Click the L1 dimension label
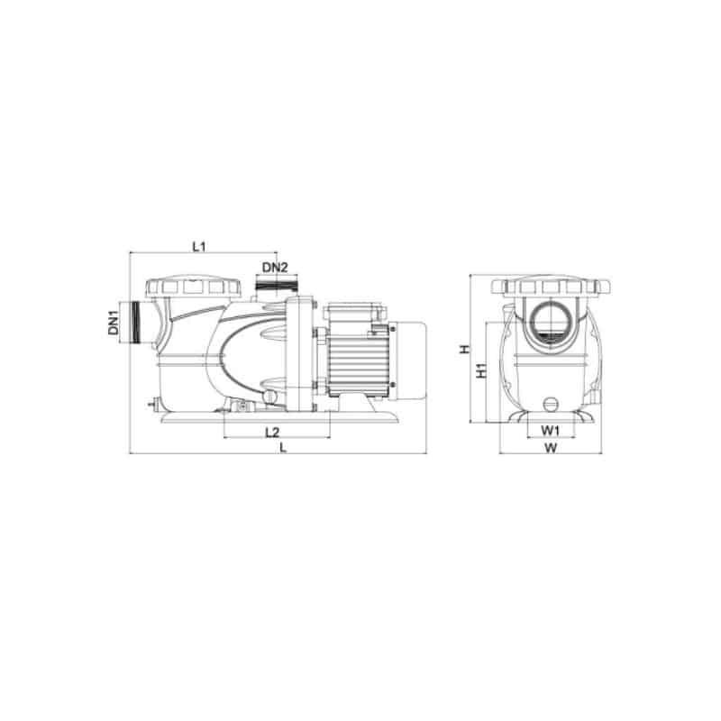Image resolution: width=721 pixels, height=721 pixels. pyautogui.click(x=198, y=246)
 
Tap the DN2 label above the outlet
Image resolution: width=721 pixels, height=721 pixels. pyautogui.click(x=275, y=267)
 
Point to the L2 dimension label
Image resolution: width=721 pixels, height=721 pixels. pyautogui.click(x=272, y=433)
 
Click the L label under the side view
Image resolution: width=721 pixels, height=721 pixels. pyautogui.click(x=283, y=447)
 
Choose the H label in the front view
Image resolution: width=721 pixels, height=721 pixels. pyautogui.click(x=466, y=349)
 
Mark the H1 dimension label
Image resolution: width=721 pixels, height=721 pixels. pyautogui.click(x=481, y=370)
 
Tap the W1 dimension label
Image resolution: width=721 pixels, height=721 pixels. pyautogui.click(x=550, y=431)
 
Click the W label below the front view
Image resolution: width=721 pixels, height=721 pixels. pyautogui.click(x=551, y=447)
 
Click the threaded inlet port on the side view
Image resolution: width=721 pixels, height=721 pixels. pyautogui.click(x=136, y=323)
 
